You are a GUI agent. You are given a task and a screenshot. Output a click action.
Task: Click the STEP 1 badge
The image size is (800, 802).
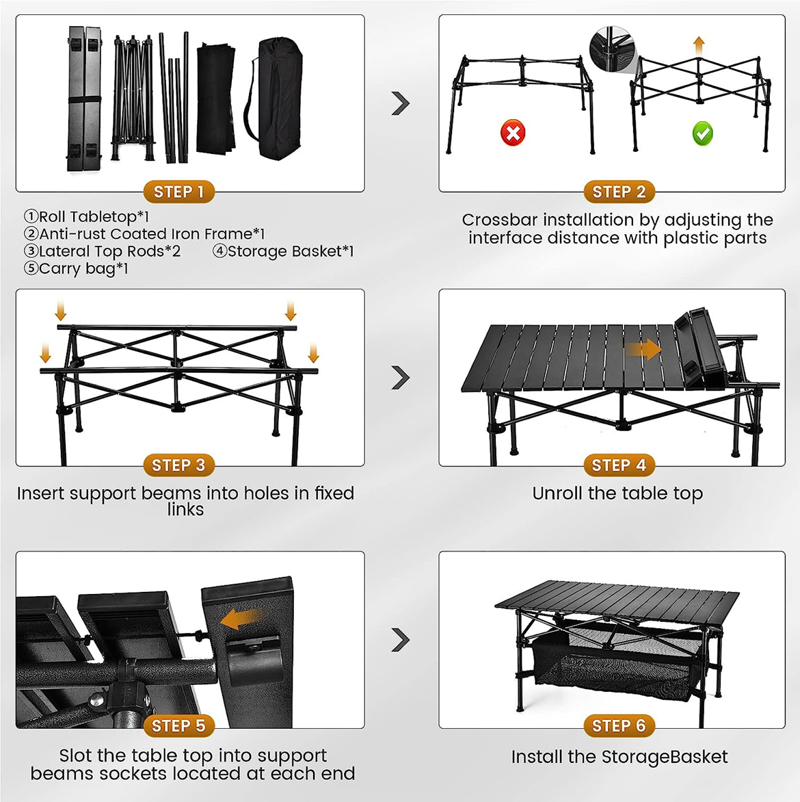tap(178, 192)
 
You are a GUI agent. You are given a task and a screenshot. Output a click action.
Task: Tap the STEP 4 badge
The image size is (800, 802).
tap(619, 465)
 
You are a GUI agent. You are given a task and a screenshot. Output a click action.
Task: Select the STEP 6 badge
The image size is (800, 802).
tap(619, 725)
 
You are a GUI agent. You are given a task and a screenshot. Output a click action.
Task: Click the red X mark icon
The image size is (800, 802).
tap(513, 132)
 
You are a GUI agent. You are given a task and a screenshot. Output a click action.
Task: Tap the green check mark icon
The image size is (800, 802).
tap(702, 133)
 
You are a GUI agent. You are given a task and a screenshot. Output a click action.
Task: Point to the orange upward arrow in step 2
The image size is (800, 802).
tap(698, 47)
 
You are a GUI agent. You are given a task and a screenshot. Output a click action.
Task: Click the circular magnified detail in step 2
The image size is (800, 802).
tap(613, 50)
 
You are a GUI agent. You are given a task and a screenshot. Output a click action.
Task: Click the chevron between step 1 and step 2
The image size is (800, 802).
tap(401, 103)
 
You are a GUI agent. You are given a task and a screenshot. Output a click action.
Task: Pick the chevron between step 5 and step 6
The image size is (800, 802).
tap(401, 640)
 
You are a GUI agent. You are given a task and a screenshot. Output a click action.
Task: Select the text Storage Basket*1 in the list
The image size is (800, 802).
tap(291, 251)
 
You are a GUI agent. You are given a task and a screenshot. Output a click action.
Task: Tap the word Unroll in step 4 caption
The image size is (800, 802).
tap(556, 493)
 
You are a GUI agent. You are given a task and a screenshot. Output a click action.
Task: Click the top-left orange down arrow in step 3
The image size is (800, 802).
tap(61, 311)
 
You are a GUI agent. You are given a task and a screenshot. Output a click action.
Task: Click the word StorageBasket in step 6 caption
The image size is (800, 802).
tap(664, 757)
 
